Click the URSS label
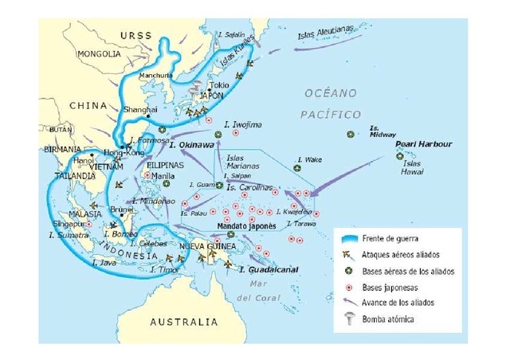coord(135,36)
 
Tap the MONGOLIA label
coord(99,54)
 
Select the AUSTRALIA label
coord(184,322)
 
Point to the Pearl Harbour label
coord(426,144)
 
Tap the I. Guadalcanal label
coord(269,270)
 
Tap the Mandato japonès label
coord(246,225)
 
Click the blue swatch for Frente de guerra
coord(348,238)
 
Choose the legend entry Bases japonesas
coord(390,287)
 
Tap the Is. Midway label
coord(375,131)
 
